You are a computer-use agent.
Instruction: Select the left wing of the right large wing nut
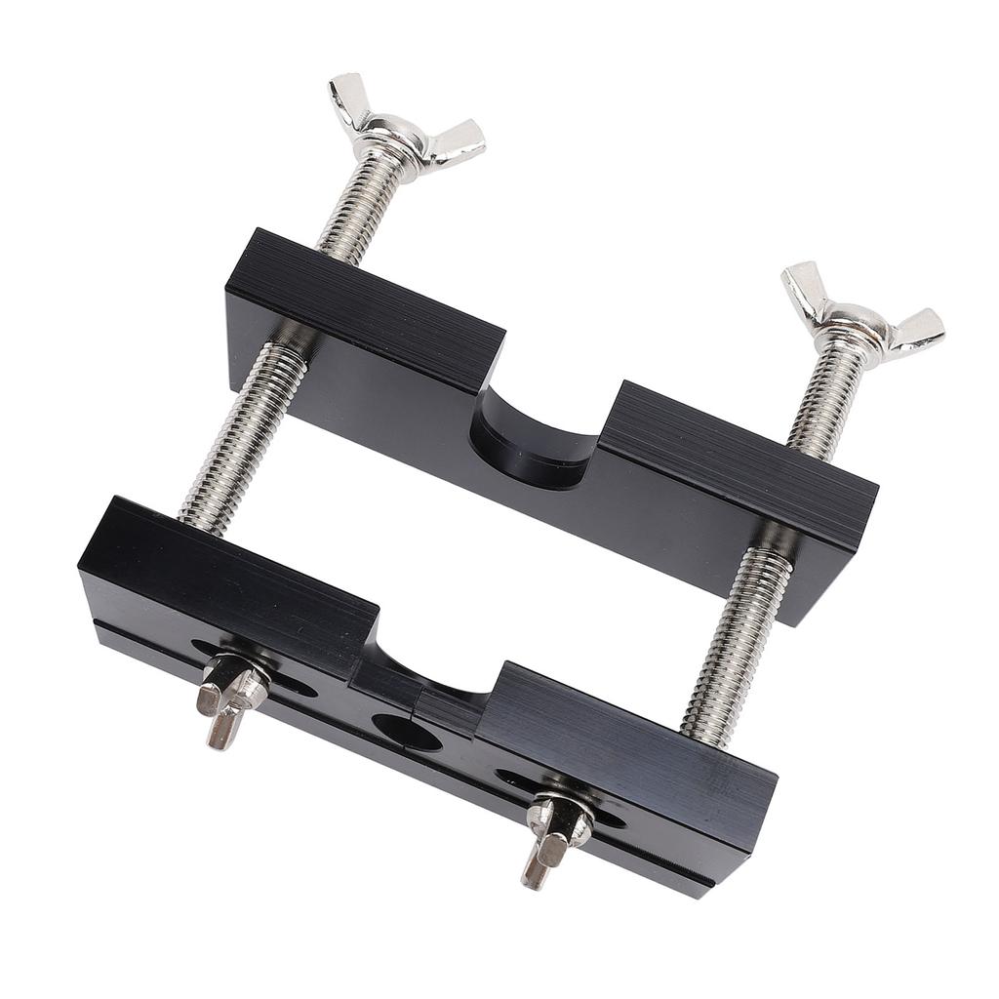[x=805, y=287]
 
